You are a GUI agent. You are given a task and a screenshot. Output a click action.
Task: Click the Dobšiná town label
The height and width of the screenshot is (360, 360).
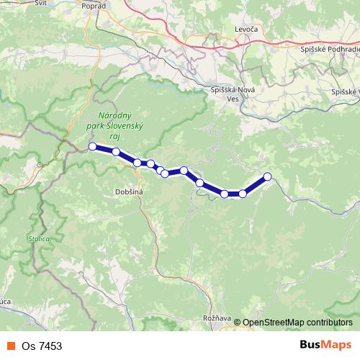coord(130,192)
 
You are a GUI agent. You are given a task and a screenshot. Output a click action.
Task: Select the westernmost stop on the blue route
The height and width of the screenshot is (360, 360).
coord(92,146)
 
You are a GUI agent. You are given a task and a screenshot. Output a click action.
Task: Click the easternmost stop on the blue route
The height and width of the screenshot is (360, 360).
coord(268,176)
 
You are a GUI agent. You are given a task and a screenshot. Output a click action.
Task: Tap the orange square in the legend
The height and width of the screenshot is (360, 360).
coord(11,346)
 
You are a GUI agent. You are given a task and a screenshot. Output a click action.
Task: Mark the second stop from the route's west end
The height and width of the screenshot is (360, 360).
coord(116,151)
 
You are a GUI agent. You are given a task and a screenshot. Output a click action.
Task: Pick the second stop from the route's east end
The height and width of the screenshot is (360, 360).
coord(243,194)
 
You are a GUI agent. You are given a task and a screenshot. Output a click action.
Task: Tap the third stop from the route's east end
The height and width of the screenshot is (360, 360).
coord(225,194)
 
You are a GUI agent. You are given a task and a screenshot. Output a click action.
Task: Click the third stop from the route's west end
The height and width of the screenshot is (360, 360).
coord(137,163)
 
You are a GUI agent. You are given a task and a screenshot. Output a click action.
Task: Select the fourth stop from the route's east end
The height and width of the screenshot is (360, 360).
coord(199,183)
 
